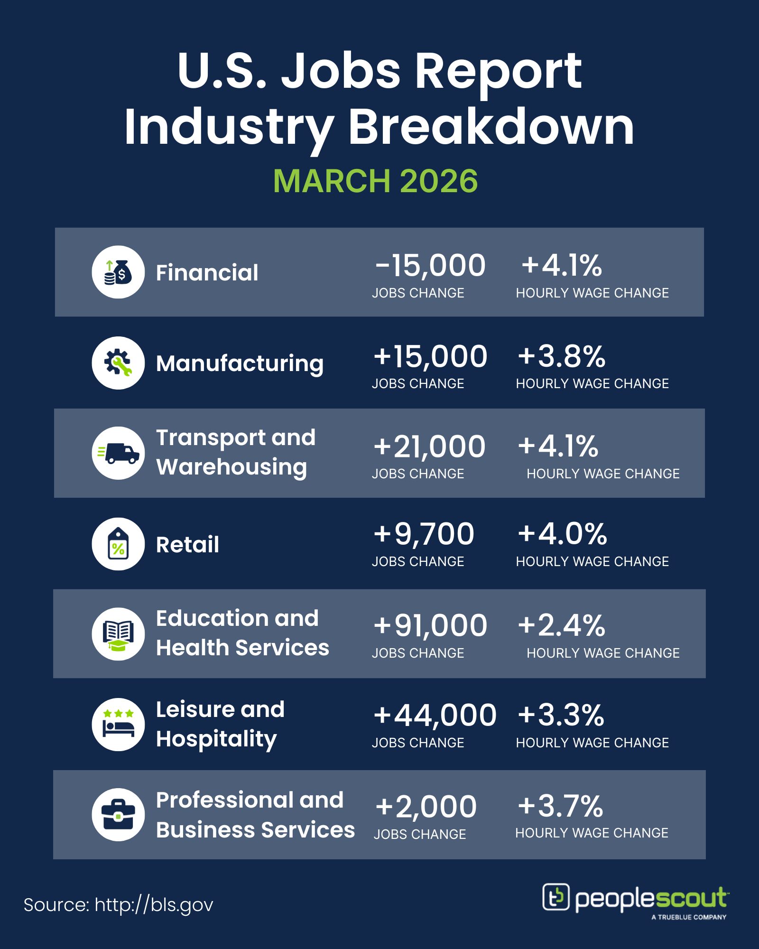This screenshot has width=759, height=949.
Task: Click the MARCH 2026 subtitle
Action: pos(375,181)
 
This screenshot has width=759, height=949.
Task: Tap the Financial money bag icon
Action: pos(118,272)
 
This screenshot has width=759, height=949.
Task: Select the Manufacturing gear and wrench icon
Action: pos(118,363)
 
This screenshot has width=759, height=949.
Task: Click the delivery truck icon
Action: pos(118,453)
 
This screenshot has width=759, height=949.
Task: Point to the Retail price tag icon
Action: pos(118,544)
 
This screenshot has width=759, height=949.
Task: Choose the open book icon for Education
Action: pos(118,634)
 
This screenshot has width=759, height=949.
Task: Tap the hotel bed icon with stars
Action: pos(118,725)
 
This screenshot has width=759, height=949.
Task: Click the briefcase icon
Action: pos(118,815)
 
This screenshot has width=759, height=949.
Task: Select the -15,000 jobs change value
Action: pos(430,265)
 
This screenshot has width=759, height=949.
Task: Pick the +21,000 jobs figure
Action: pos(429,447)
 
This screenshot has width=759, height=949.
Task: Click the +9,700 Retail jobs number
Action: pos(424,534)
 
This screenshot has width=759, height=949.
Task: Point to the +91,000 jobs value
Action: pos(430,625)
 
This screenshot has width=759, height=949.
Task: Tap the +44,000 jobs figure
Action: pos(435,716)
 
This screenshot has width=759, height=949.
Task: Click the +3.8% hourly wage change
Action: pos(561,356)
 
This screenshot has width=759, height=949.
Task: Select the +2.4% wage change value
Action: pos(561,625)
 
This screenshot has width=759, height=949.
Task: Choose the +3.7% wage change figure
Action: pos(560,806)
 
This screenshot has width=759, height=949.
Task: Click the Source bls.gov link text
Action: pos(119,905)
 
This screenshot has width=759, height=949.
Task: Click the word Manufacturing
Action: pos(240,364)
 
